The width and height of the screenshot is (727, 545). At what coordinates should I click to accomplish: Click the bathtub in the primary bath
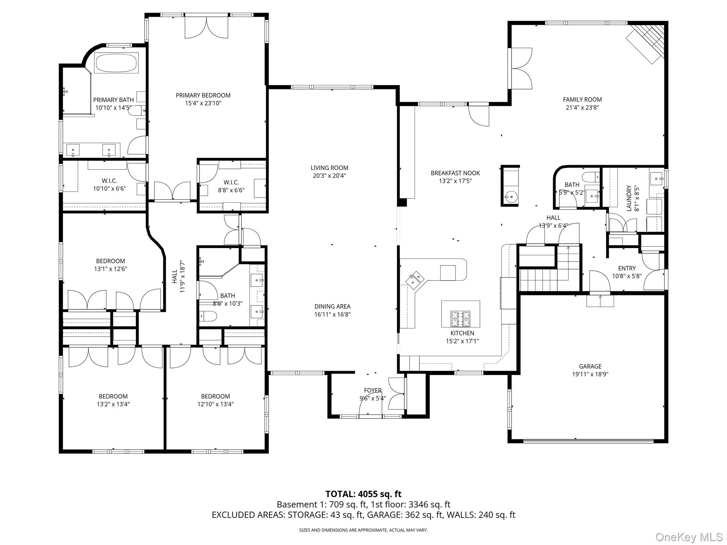(116, 63)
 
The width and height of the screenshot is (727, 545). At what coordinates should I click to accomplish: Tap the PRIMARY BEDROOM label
(203, 95)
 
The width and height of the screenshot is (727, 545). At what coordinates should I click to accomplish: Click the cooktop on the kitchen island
(460, 319)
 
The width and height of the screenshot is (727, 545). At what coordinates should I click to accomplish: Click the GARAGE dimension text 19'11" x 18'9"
(590, 374)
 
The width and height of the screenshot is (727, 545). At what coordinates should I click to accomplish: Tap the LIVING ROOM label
(329, 168)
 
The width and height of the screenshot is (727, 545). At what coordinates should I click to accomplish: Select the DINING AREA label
(332, 306)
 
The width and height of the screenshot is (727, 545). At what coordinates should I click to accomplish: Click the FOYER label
(372, 390)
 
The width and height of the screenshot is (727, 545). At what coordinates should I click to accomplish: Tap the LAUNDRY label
(629, 198)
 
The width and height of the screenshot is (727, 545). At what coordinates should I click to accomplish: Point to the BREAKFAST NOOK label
(455, 173)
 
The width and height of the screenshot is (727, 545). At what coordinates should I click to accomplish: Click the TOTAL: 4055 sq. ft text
(363, 494)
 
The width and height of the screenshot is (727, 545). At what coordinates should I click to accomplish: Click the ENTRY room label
(627, 268)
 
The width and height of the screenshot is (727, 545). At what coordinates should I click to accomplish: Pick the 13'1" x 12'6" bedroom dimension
(110, 269)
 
